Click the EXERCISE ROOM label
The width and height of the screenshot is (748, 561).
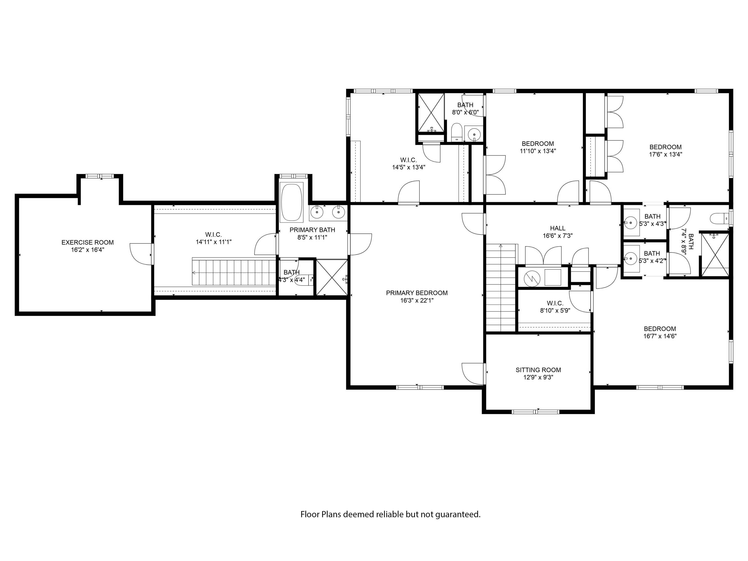pyautogui.click(x=88, y=243)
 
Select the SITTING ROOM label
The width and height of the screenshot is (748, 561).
pyautogui.click(x=538, y=370)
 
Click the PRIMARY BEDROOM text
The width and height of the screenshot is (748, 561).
pyautogui.click(x=417, y=293)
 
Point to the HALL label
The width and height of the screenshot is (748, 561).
pyautogui.click(x=557, y=228)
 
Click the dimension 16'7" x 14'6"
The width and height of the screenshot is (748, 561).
pyautogui.click(x=660, y=336)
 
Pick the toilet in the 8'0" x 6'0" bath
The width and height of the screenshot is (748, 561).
pyautogui.click(x=457, y=132)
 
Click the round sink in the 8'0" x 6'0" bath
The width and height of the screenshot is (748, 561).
pyautogui.click(x=474, y=134)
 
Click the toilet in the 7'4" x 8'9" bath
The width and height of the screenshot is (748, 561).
pyautogui.click(x=719, y=219)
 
